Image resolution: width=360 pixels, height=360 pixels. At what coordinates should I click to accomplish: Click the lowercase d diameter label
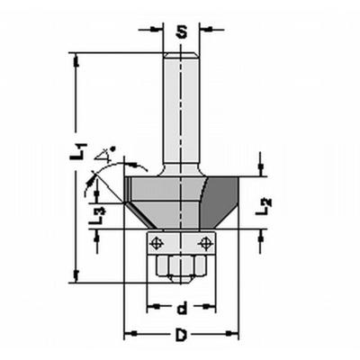[x=182, y=309]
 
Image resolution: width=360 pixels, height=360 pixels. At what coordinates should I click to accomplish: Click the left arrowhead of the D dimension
[x=129, y=335]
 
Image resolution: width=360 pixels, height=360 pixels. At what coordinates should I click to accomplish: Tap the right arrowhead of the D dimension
[x=235, y=335]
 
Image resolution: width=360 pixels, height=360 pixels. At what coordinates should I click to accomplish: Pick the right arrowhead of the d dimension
[x=211, y=308]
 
